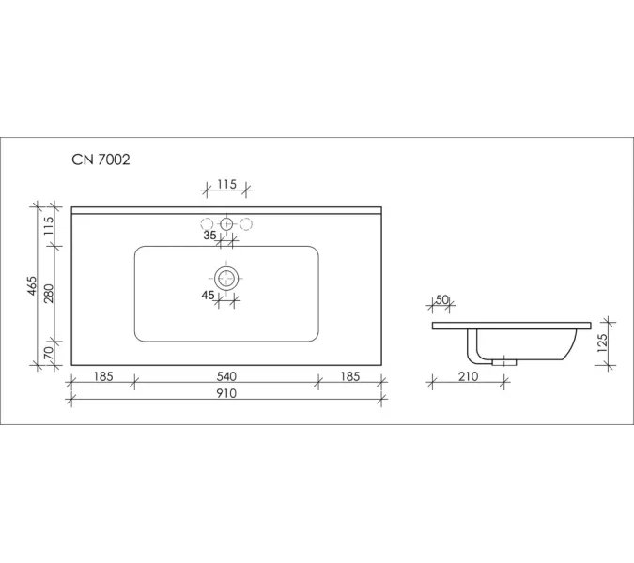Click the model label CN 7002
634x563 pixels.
coord(101,160)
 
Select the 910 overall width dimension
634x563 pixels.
coord(226,393)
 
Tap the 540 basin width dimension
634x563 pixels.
coord(226,376)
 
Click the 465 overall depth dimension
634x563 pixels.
coord(32,285)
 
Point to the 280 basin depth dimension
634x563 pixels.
coord(49,294)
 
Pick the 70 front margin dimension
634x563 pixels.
coord(48,354)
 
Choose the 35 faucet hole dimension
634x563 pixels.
coord(209,236)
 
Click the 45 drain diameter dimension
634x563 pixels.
coord(208,296)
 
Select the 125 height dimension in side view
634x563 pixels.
coord(602,343)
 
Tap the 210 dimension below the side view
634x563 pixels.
coord(469,376)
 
